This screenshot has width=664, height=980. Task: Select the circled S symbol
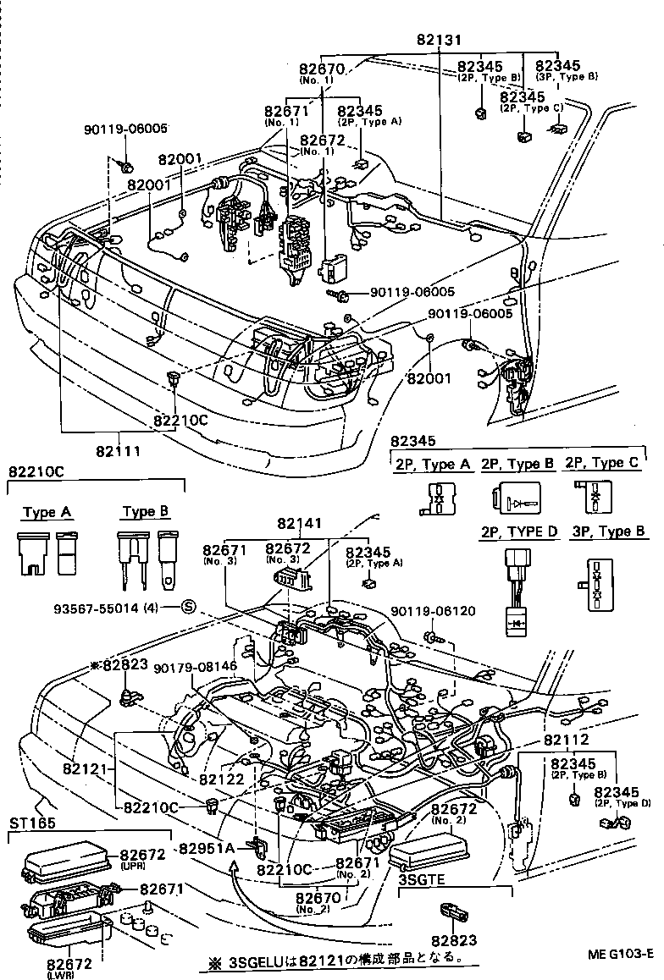[x=189, y=605]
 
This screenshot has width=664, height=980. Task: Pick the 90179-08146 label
[x=196, y=667]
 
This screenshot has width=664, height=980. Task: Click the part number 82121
[x=85, y=769]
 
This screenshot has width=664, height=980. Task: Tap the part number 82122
[x=223, y=779]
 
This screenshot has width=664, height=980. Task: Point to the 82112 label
[x=561, y=739]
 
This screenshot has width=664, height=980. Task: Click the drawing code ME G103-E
[x=621, y=954]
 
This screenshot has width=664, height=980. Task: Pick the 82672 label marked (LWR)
[x=70, y=963]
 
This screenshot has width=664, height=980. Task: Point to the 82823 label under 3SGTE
[x=453, y=939]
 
